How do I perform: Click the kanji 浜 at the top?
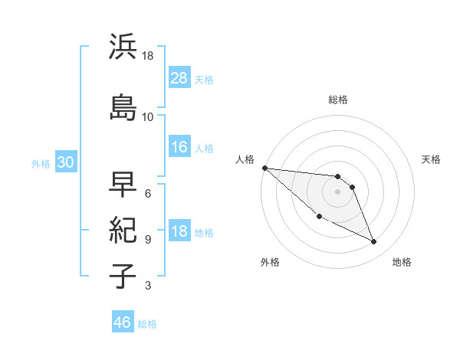click(x=123, y=47)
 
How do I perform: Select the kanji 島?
click(x=123, y=108)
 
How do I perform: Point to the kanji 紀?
click(x=123, y=231)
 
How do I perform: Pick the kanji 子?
click(x=123, y=277)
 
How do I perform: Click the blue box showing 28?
click(x=179, y=77)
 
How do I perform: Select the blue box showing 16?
click(x=179, y=147)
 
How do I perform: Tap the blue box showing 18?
click(x=179, y=231)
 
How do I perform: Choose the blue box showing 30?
click(x=65, y=162)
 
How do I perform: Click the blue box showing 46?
click(x=123, y=322)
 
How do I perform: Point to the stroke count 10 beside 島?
click(x=148, y=117)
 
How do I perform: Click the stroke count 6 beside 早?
click(x=148, y=193)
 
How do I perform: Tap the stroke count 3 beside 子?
click(x=148, y=286)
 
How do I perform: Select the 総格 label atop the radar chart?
click(x=338, y=100)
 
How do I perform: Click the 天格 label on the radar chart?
click(x=432, y=159)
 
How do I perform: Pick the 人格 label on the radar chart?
click(x=245, y=159)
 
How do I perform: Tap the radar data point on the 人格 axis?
click(x=264, y=168)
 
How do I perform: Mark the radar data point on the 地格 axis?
click(x=374, y=242)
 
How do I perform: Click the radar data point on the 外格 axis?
click(x=319, y=217)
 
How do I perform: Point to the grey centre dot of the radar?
click(x=337, y=191)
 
